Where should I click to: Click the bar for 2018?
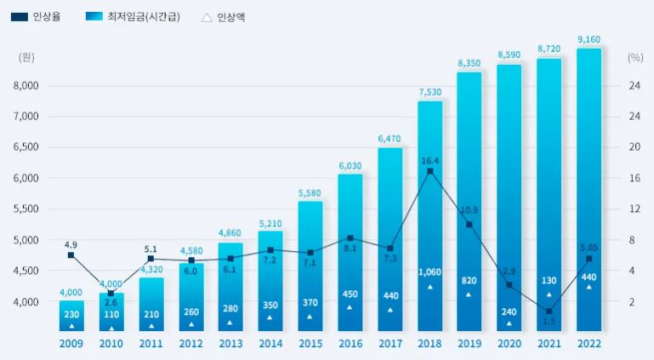coord(429,217)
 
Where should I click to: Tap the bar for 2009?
coord(71,315)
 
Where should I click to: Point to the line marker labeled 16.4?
coord(429,171)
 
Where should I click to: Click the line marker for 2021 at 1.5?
coord(549,311)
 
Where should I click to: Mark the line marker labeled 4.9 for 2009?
coord(71,254)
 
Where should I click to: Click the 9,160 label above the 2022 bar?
coord(589,39)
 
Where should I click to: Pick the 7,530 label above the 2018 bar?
coord(429,92)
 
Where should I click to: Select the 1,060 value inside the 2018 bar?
coord(429,272)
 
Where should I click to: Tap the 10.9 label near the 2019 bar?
coord(468,209)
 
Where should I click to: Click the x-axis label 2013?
coord(230,344)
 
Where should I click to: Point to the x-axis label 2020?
coord(509,344)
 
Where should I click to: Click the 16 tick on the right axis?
coord(634,178)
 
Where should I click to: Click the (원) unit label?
coord(27,57)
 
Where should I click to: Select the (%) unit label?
coord(634,57)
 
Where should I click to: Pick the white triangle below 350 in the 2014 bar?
coord(270,317)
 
